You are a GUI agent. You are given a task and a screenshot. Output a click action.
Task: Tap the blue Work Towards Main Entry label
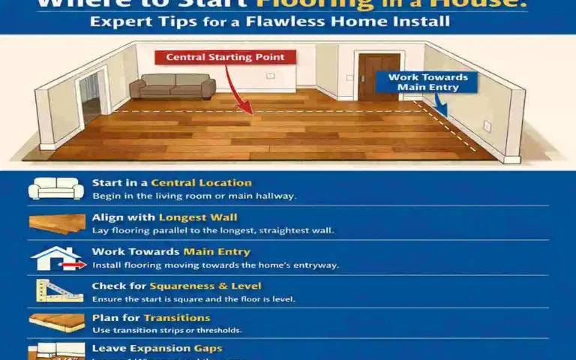point(428,82)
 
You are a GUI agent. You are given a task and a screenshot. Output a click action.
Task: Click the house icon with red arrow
point(56,259)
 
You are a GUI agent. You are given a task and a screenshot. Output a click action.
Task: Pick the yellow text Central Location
point(201,183)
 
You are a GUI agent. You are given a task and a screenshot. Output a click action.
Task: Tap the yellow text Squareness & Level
point(205,286)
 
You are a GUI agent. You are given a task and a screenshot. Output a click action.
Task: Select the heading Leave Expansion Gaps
point(157,349)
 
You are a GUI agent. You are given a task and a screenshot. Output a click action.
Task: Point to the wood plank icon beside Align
point(57,223)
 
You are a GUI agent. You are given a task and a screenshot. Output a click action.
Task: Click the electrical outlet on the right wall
point(487,126)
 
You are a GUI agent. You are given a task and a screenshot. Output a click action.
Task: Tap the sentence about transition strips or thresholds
point(167,330)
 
